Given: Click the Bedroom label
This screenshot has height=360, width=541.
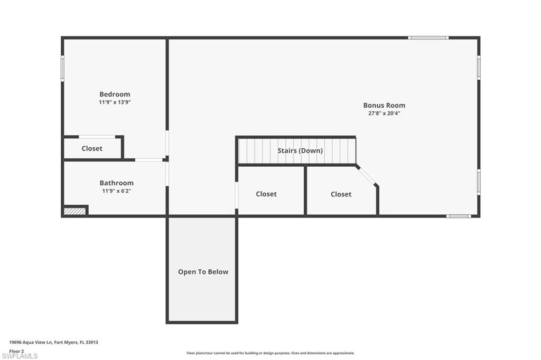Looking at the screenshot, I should pos(115,94).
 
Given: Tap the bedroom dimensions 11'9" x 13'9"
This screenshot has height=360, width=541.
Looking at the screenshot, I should pos(115,102).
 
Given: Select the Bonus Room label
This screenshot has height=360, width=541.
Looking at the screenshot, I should pos(384,105).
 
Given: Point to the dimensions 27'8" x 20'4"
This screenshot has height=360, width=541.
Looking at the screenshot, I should pos(384,113).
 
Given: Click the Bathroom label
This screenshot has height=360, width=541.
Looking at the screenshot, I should pos(116,183).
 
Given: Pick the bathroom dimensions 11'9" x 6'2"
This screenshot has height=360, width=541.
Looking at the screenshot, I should pos(116,191).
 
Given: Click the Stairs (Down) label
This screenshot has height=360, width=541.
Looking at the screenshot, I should pos(300,151).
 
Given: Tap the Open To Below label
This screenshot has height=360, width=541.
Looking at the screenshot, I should pos(203,272).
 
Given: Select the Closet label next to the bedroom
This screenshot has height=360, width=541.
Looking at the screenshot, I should pos(92,149).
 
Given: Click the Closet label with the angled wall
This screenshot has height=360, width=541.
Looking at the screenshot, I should pos(341,194).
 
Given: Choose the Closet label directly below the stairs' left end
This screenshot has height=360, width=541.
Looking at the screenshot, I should pos(266,194).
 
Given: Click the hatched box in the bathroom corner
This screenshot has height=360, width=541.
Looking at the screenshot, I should pos(74,211).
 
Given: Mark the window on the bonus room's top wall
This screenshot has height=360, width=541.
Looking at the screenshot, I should pos(428,37).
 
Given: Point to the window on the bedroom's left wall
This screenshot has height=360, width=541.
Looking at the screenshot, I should pos(62,69).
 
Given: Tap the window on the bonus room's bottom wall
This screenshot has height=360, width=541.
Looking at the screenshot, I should pos(458,216).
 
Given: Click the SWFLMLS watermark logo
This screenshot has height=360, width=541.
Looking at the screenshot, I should pos(20,356).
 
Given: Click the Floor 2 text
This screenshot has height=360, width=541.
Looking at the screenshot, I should pos(16,350).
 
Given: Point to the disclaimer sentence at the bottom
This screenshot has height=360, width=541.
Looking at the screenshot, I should pos(270,353).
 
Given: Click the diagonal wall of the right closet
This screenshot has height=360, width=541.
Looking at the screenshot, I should pos(367,175).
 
